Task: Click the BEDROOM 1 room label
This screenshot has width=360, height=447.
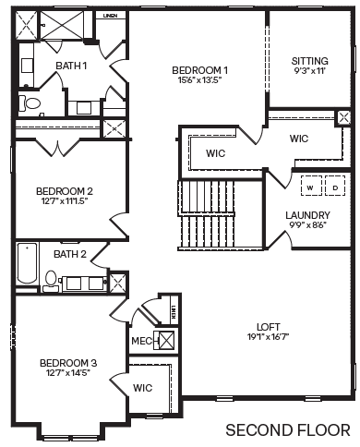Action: pos(200,70)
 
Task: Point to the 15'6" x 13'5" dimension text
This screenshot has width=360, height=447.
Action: pos(200,80)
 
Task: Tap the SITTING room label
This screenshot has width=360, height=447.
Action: pos(309,61)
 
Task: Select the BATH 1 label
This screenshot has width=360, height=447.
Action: pos(71,66)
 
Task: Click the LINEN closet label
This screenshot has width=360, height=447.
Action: pos(111,16)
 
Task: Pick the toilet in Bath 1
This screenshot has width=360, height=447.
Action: pos(30,103)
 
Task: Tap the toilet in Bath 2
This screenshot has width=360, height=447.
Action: pos(52,279)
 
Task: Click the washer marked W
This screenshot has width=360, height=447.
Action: pos(310,187)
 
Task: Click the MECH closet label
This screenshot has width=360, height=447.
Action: pos(142,341)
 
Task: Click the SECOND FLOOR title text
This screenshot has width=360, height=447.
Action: pos(287,429)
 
